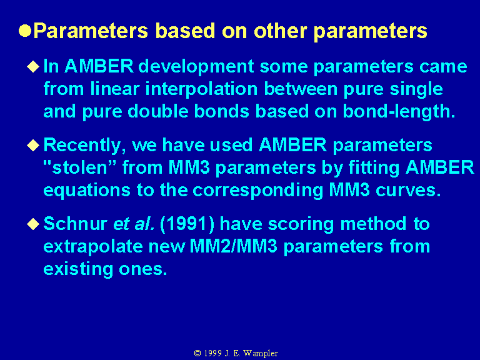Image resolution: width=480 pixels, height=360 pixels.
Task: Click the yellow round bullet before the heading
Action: coord(25,31)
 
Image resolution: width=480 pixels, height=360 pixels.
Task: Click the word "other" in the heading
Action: coord(281,31)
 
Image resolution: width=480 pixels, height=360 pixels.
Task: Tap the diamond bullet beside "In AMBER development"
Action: coord(33,66)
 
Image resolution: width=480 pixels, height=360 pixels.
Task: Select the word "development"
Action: coord(196,67)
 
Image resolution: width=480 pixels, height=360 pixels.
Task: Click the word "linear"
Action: coord(115,89)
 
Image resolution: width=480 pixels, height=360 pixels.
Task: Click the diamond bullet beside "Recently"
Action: coord(33,145)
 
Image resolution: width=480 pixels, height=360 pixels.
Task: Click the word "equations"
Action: coord(87,191)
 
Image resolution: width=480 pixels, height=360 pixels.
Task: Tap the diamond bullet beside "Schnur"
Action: coord(33,224)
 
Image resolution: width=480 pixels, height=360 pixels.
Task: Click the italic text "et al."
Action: coord(134,224)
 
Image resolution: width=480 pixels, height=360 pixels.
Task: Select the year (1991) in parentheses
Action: coord(187,224)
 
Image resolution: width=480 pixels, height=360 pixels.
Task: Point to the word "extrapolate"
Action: coord(93,247)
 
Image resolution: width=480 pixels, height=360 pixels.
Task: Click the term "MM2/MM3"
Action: coord(234,246)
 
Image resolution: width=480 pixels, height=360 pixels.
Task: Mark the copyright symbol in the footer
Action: coord(197,353)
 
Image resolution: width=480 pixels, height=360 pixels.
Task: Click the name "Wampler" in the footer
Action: coord(261,354)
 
